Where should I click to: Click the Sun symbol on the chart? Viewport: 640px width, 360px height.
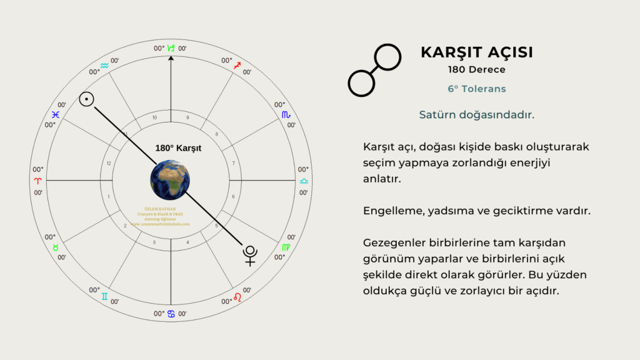pyautogui.click(x=87, y=99)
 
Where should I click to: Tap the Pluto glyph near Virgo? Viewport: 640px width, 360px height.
pyautogui.click(x=251, y=255)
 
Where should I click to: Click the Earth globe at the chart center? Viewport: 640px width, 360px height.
pyautogui.click(x=170, y=180)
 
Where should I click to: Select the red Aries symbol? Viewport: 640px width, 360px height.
pyautogui.click(x=38, y=181)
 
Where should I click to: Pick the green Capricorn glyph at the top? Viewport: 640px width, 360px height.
pyautogui.click(x=171, y=47)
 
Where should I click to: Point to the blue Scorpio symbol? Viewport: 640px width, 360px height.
pyautogui.click(x=286, y=114)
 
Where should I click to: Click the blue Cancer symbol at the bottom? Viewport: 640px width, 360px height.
pyautogui.click(x=171, y=313)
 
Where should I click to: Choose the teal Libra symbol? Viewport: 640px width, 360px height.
pyautogui.click(x=304, y=181)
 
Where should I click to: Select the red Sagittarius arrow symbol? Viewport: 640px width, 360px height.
pyautogui.click(x=237, y=65)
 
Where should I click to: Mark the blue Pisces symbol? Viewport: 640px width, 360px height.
pyautogui.click(x=56, y=115)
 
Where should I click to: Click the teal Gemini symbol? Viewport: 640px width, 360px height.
pyautogui.click(x=105, y=296)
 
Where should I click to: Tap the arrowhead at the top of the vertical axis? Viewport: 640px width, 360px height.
pyautogui.click(x=171, y=58)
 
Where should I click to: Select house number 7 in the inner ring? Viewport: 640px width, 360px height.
pyautogui.click(x=233, y=164)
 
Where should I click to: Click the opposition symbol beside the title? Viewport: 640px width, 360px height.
pyautogui.click(x=374, y=70)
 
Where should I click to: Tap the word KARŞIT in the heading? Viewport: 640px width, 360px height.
pyautogui.click(x=445, y=52)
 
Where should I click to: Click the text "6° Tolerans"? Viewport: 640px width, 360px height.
pyautogui.click(x=476, y=89)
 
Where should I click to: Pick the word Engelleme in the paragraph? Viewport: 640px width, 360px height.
pyautogui.click(x=392, y=211)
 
